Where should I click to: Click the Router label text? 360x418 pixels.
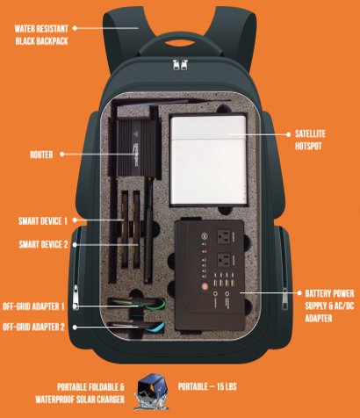pyautogui.click(x=41, y=155)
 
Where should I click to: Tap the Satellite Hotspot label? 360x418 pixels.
pyautogui.click(x=310, y=140)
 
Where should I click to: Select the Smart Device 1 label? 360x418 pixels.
pyautogui.click(x=43, y=221)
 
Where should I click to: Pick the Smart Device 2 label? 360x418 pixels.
pyautogui.click(x=43, y=244)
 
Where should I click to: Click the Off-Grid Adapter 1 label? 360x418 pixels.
pyautogui.click(x=33, y=306)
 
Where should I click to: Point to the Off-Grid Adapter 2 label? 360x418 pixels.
pyautogui.click(x=33, y=327)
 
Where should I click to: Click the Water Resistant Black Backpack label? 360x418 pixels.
pyautogui.click(x=41, y=35)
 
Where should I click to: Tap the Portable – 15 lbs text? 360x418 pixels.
pyautogui.click(x=207, y=386)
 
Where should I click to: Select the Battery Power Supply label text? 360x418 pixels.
pyautogui.click(x=329, y=306)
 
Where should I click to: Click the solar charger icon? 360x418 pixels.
pyautogui.click(x=152, y=392)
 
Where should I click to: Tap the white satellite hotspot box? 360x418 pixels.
pyautogui.click(x=208, y=160)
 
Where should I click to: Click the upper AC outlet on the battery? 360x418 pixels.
pyautogui.click(x=223, y=236)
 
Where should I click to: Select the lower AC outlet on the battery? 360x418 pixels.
pyautogui.click(x=223, y=260)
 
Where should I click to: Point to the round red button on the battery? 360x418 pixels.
pyautogui.click(x=205, y=286)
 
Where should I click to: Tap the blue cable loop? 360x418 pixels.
pyautogui.click(x=155, y=328)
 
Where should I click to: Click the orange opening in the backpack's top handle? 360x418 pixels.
pyautogui.click(x=180, y=43)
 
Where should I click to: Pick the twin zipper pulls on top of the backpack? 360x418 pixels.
pyautogui.click(x=180, y=64)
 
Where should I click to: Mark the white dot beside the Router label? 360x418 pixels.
pyautogui.click(x=62, y=155)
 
